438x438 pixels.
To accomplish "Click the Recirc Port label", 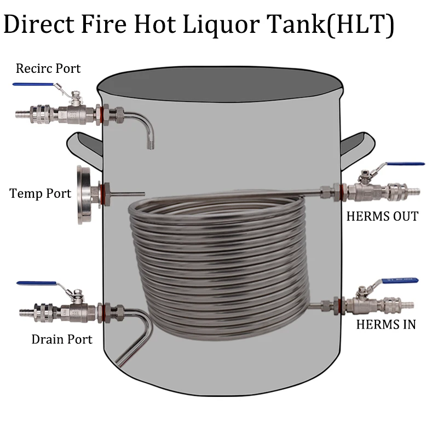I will pos(48,68).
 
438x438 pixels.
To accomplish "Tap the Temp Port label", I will pos(41,193).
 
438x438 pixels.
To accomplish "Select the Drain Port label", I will pos(62,339).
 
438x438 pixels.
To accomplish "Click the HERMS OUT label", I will pos(382,216).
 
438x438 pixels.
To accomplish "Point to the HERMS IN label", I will pos(386,324).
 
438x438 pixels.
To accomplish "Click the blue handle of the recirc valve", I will pos(34,84).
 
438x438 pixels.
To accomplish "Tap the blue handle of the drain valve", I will pos(37,283).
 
